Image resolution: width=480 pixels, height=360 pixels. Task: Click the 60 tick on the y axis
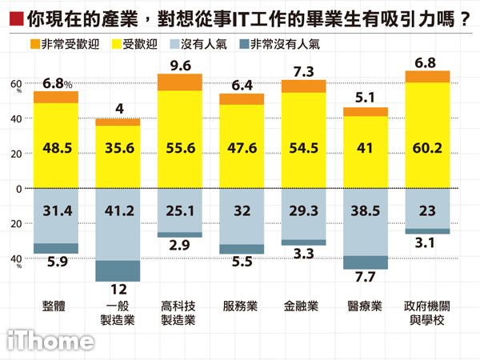[15, 83]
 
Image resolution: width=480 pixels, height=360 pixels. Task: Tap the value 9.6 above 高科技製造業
[180, 64]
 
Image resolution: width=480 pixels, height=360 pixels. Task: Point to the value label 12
[118, 289]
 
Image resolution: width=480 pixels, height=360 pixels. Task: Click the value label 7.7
[365, 277]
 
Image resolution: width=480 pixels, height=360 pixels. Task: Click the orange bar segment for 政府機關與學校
[428, 77]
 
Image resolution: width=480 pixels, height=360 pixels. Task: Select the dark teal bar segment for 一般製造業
[118, 270]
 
